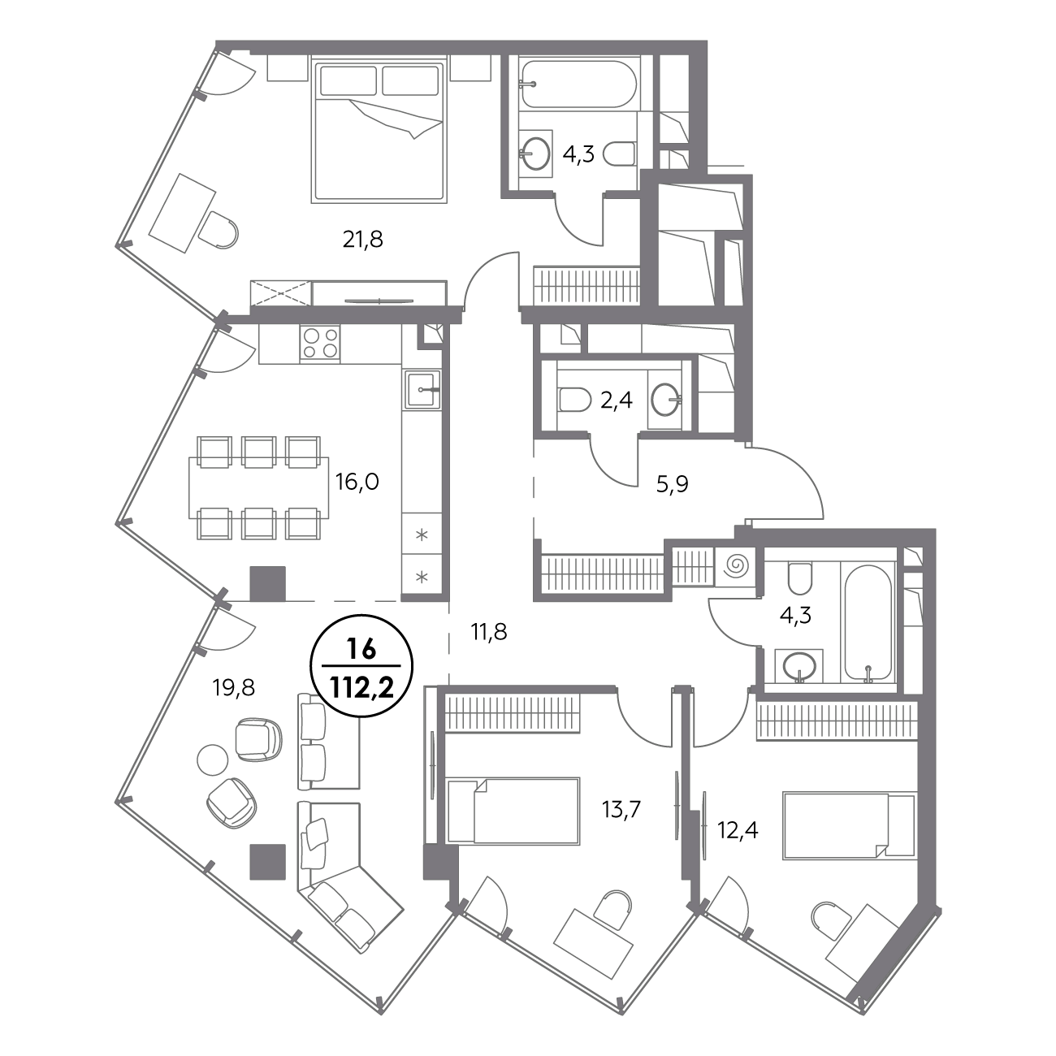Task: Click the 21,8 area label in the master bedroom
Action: [x=362, y=240]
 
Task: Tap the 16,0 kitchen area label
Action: [x=357, y=483]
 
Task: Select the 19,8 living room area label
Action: [x=234, y=687]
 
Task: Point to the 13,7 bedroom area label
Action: [x=621, y=809]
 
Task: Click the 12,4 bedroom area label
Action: [x=738, y=831]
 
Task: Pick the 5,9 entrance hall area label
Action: [x=673, y=484]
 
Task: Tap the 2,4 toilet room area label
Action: [x=617, y=400]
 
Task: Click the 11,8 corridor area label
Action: [x=489, y=633]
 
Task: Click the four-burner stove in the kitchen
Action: [x=320, y=343]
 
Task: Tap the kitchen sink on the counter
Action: [x=422, y=390]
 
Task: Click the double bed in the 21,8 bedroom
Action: [x=378, y=132]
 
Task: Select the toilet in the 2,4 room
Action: [x=574, y=399]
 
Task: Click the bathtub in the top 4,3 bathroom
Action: [x=578, y=84]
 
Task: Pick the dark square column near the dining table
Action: [x=268, y=583]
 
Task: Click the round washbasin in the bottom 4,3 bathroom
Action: [x=799, y=666]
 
